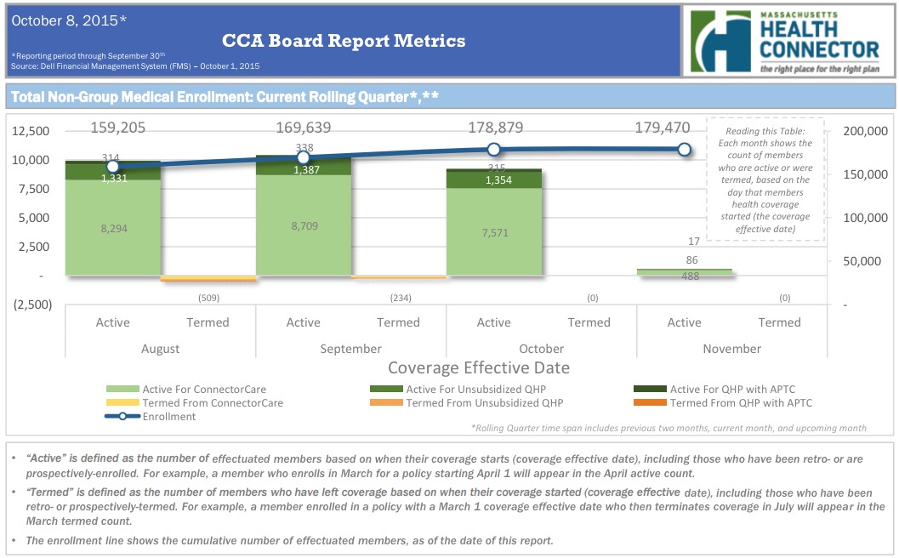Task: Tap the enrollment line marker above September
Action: tap(304, 158)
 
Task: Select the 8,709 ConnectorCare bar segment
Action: tap(303, 227)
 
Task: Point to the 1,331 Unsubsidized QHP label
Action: tap(113, 178)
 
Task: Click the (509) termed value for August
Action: tap(208, 298)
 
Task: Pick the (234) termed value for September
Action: tap(399, 298)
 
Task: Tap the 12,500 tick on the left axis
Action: tap(32, 131)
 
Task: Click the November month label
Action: tap(731, 349)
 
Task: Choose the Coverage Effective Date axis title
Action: tap(478, 368)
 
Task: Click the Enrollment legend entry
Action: tap(168, 417)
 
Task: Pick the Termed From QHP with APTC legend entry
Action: tap(740, 403)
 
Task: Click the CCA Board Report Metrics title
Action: tap(344, 40)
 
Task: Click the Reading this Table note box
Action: tap(765, 179)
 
